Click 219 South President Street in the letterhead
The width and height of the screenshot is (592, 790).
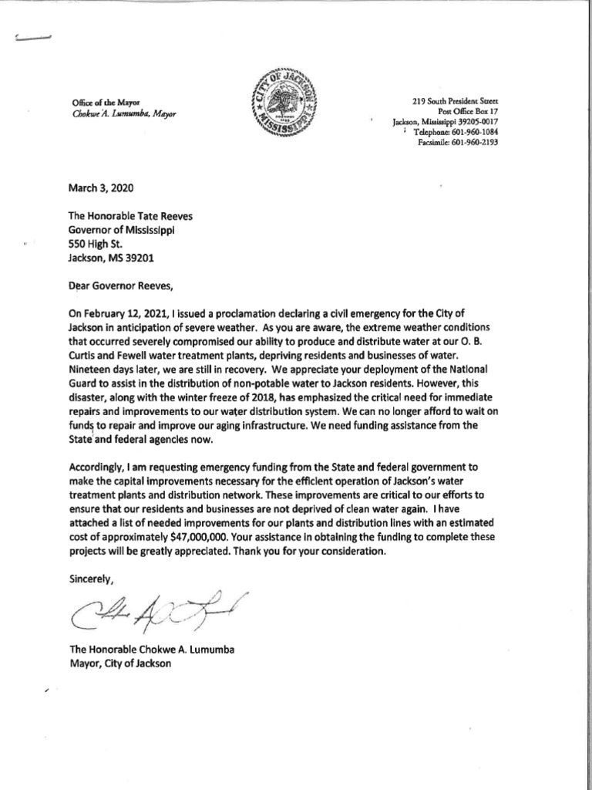pos(454,101)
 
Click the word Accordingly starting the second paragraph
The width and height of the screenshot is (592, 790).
pos(100,468)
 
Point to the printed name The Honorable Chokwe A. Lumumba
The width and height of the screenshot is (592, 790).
pos(151,650)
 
